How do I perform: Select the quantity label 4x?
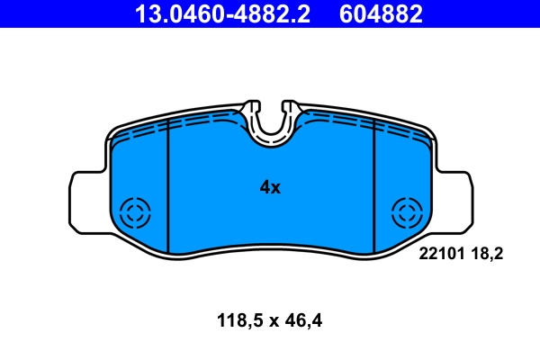pyautogui.click(x=270, y=188)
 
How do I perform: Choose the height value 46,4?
pyautogui.click(x=303, y=319)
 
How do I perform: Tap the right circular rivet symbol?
pyautogui.click(x=406, y=213)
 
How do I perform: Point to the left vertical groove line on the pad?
pyautogui.click(x=168, y=189)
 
